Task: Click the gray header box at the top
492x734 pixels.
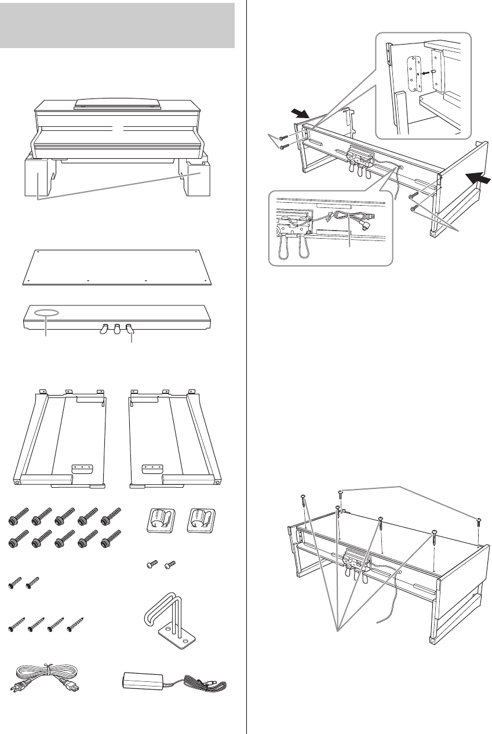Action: [x=118, y=25]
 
